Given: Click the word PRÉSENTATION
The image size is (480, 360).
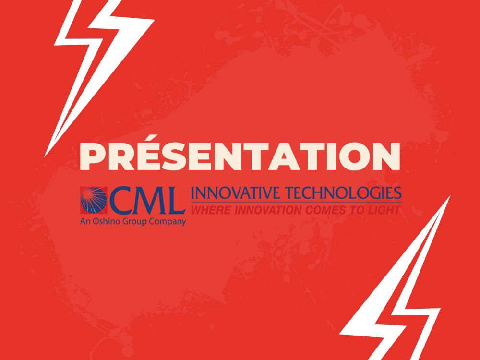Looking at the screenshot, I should [240, 156].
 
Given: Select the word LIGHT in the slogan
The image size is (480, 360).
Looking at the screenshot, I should [384, 210].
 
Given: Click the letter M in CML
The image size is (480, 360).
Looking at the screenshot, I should [149, 201].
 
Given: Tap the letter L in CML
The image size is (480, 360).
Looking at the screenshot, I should [175, 201].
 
